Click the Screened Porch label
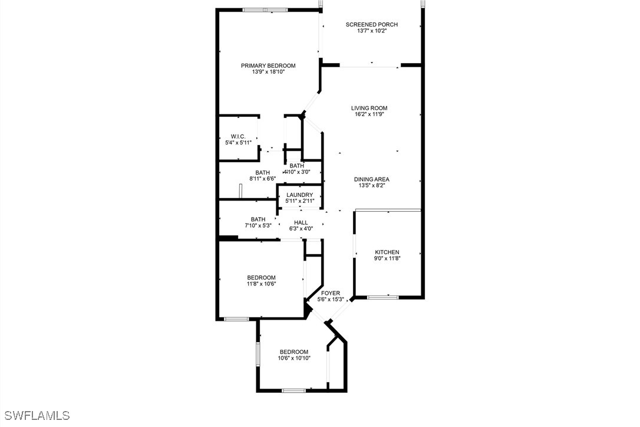point(371,25)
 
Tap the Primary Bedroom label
point(268,66)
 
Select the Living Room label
point(370,109)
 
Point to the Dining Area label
point(371,179)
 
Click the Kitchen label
point(387,252)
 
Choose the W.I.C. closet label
point(238,136)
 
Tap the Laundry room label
point(299,195)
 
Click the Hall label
point(301,223)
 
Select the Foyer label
point(331,293)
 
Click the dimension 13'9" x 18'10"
point(268,72)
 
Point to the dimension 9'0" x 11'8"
point(387,258)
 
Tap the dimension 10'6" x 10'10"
point(294,359)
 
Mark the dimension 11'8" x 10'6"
point(261,284)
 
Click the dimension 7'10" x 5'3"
point(258,225)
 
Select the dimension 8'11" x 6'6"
point(263,179)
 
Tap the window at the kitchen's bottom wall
point(383,297)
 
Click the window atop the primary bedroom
point(265,10)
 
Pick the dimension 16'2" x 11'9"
point(370,114)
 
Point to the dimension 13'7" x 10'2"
point(371,31)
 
